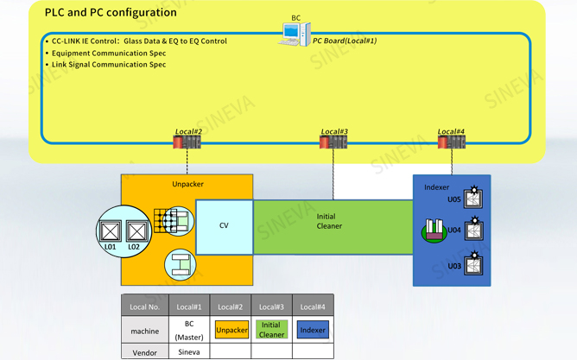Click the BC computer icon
click(x=295, y=35)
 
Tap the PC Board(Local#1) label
click(x=345, y=41)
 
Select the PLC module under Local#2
click(x=187, y=142)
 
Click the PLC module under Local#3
click(x=333, y=142)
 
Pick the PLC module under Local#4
click(x=452, y=142)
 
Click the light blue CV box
click(x=224, y=227)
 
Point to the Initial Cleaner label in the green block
click(x=329, y=221)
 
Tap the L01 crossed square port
click(x=110, y=231)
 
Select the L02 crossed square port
click(x=136, y=231)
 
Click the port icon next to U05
click(x=473, y=198)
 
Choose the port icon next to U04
click(x=473, y=229)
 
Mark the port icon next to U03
click(x=473, y=263)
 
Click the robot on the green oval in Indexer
click(x=434, y=231)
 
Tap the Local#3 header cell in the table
click(x=271, y=307)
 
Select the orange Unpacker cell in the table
click(x=231, y=330)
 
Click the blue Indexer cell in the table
click(x=313, y=330)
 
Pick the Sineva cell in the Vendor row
click(x=189, y=352)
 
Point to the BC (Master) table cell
click(x=189, y=330)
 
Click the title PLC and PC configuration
click(x=111, y=12)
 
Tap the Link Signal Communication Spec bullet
click(x=106, y=65)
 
